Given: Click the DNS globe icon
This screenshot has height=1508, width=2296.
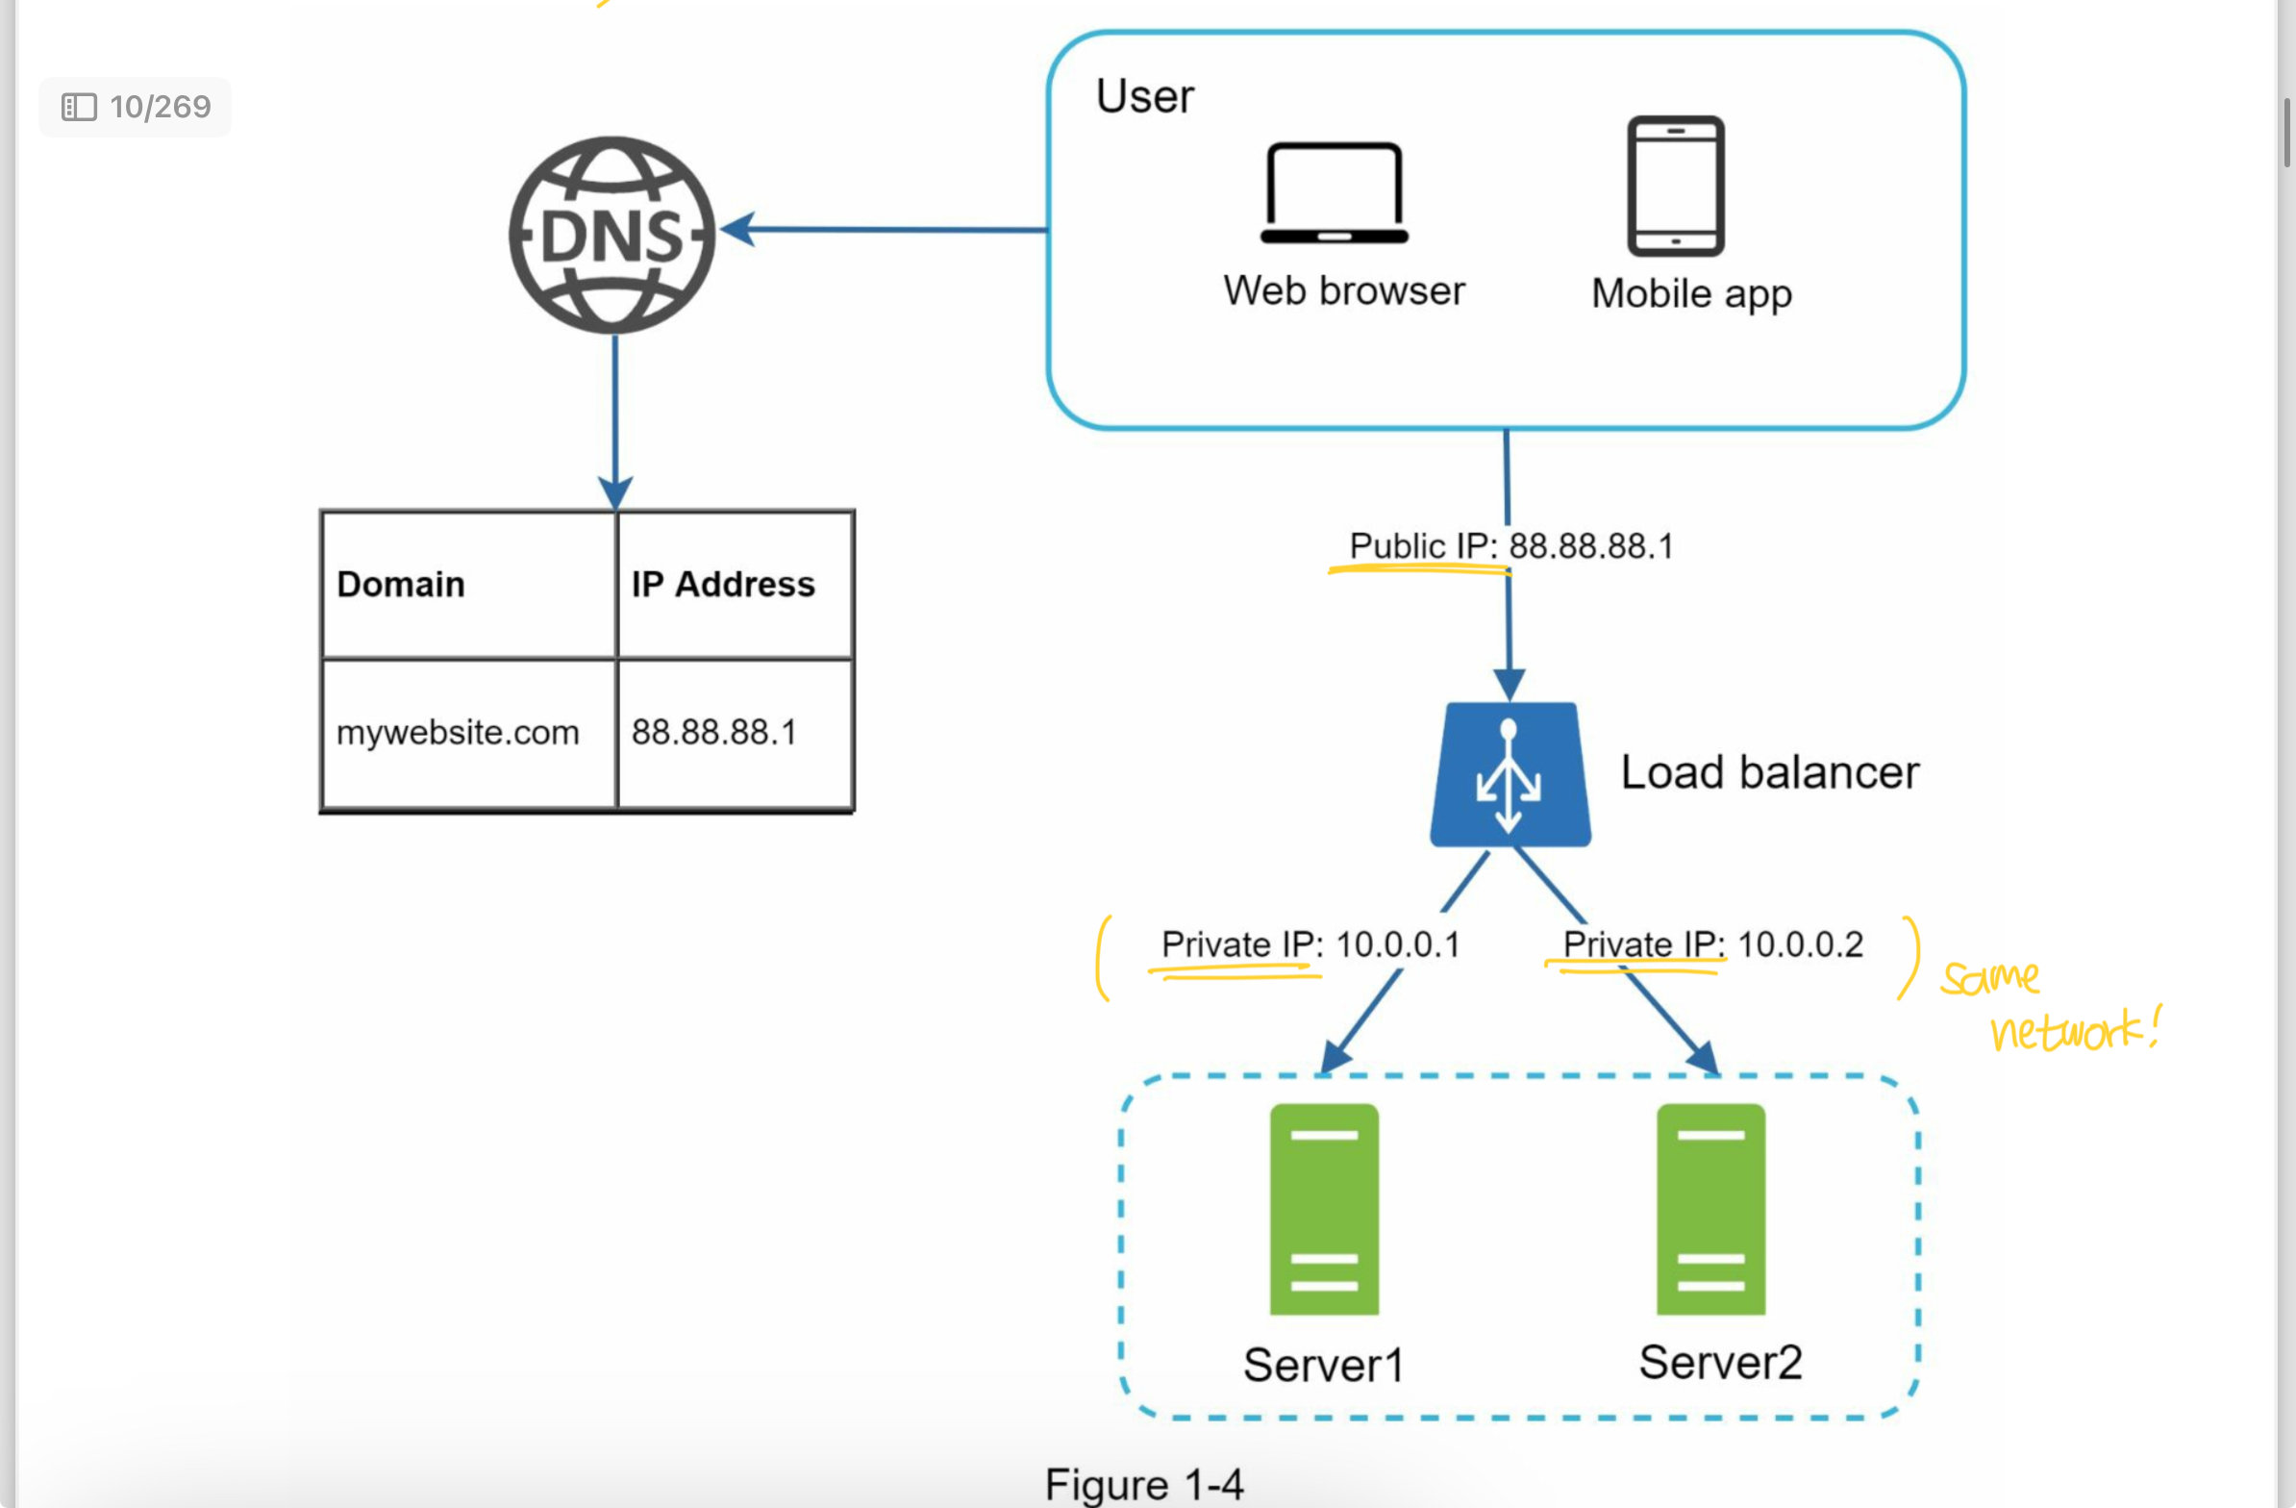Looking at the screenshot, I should (612, 235).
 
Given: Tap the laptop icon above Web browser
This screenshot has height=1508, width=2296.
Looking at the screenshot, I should (1335, 193).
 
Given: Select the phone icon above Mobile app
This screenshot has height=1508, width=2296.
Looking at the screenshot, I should (1676, 186).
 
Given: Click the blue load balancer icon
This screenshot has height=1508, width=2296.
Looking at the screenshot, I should (1510, 775).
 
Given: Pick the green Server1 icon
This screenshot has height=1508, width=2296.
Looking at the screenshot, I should (1324, 1208).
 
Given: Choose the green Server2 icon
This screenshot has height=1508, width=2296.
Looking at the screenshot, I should (1710, 1208).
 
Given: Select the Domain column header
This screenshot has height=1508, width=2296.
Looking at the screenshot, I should (401, 585).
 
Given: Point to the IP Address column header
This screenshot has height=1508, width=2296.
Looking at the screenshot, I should (724, 585).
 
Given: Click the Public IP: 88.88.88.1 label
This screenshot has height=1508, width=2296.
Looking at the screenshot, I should (1510, 546).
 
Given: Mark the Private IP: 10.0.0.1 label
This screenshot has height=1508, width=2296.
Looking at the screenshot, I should (1310, 943).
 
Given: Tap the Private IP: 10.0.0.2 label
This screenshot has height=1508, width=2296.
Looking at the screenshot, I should (1712, 943).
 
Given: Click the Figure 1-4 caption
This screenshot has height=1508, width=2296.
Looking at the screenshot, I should (1144, 1484).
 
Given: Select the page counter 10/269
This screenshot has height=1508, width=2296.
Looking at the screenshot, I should (136, 106).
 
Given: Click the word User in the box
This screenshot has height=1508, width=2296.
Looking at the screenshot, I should (1144, 96).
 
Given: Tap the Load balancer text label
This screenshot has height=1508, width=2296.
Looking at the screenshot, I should (1769, 773).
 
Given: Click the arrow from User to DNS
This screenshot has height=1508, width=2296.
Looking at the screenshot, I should (887, 230).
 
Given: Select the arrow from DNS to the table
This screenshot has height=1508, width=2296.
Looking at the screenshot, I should (615, 415).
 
